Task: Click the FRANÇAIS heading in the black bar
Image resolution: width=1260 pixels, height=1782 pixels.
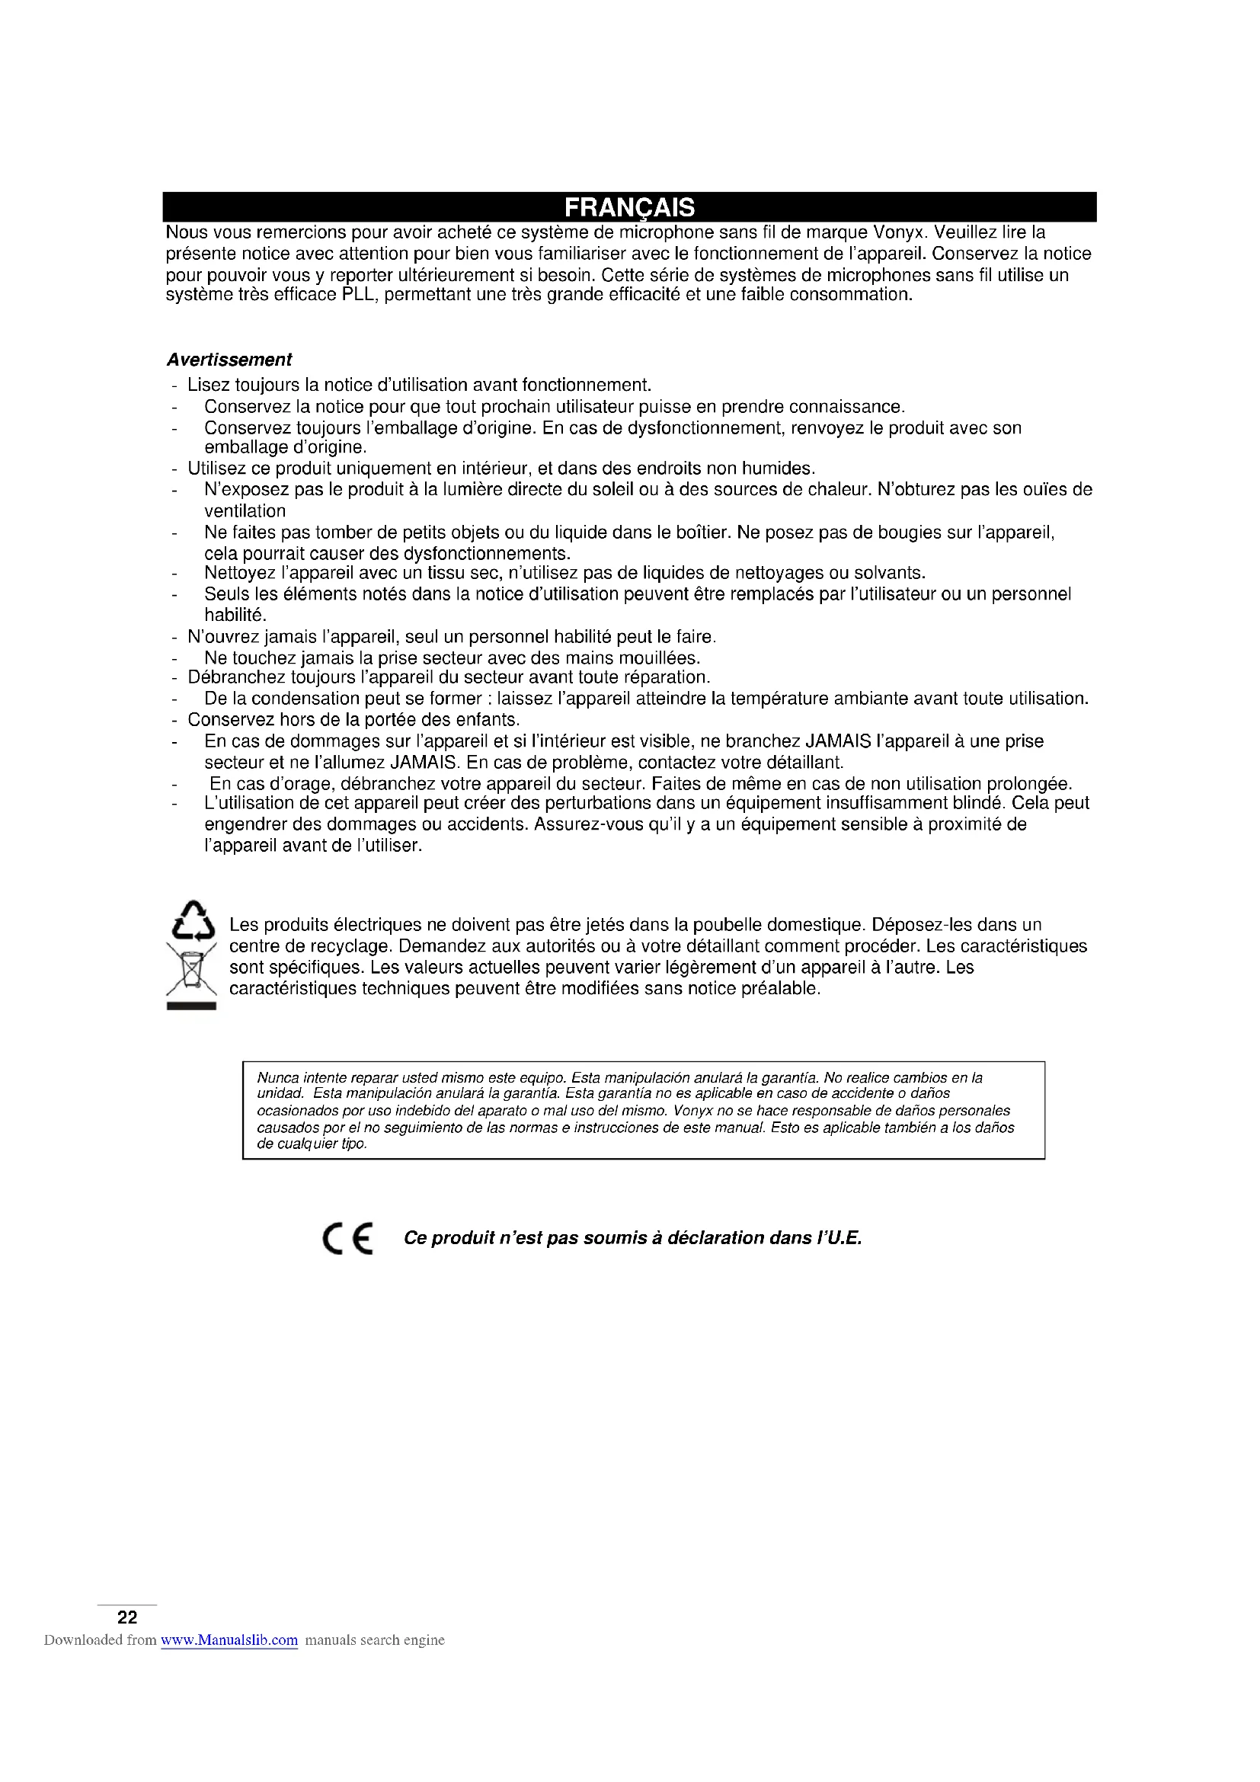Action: (629, 208)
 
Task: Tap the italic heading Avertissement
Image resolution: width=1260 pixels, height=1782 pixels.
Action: (229, 360)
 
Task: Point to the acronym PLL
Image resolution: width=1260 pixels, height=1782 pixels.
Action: (360, 295)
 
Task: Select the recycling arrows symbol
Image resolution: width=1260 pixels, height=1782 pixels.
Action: (193, 921)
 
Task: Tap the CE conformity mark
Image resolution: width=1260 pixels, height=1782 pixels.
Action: (347, 1238)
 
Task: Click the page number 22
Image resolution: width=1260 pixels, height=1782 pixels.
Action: (127, 1617)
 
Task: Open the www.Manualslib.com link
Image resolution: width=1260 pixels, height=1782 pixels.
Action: (229, 1640)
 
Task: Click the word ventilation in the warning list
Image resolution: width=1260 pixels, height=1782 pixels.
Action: (245, 511)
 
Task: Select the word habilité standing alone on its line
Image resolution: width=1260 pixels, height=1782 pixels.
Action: (235, 616)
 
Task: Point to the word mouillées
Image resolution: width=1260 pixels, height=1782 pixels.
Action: (662, 658)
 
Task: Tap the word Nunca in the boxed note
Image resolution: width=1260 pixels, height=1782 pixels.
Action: (278, 1078)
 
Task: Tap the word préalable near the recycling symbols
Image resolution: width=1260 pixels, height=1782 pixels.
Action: (786, 989)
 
